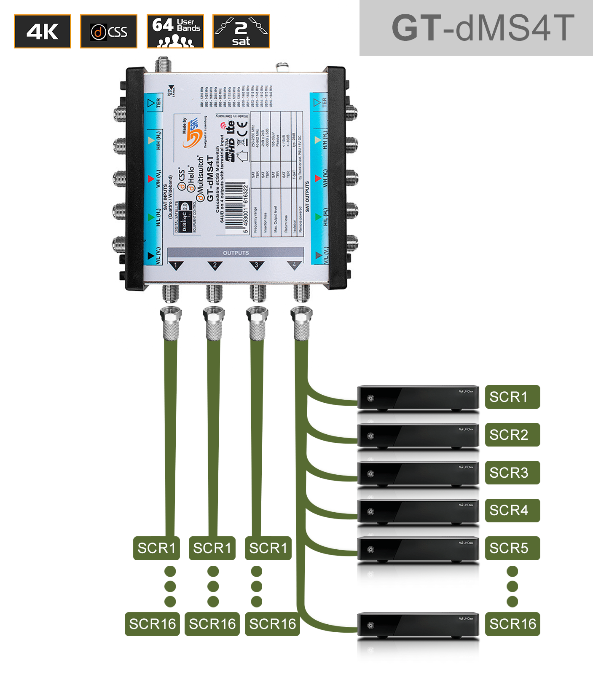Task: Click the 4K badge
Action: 43,32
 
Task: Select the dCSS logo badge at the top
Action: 109,32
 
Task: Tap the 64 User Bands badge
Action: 175,32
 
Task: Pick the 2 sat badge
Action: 241,32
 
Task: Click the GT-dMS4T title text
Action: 483,28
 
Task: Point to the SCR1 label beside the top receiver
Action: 512,397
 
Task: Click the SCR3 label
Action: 512,473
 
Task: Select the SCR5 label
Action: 512,548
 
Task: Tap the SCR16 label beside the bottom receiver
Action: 512,624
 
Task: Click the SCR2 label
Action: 512,435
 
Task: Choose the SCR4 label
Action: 512,510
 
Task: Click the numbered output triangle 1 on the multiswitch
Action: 176,265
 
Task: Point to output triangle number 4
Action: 294,265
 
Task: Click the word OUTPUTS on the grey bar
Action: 236,253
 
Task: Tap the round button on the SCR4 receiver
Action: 371,512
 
